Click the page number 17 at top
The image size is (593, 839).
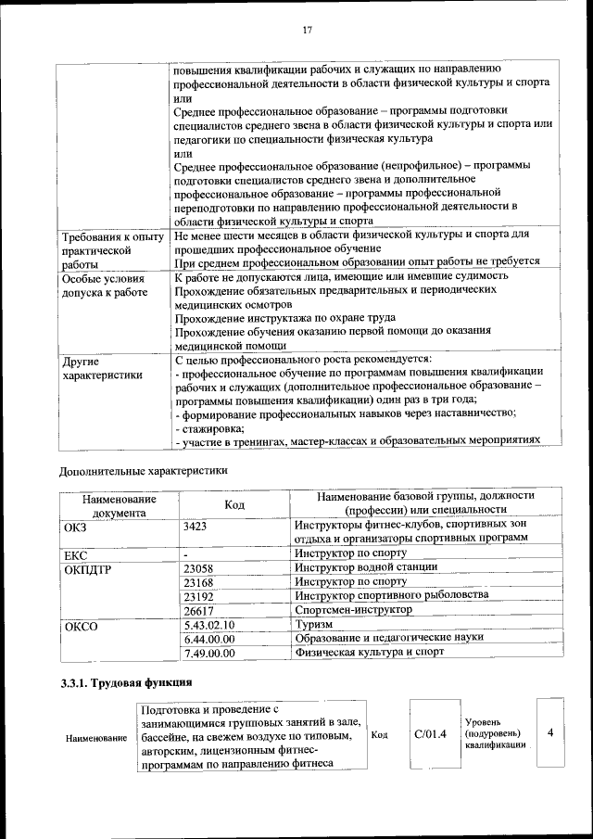tap(307, 30)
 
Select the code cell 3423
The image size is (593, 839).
tap(197, 525)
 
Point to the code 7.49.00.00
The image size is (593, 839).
tap(210, 653)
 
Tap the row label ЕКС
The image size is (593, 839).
tap(75, 553)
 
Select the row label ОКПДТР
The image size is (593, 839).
tap(87, 568)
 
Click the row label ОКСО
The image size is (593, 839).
tap(80, 626)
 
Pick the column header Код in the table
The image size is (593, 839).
tap(234, 503)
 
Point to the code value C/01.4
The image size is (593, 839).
tap(431, 733)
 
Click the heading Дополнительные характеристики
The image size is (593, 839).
tap(144, 471)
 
